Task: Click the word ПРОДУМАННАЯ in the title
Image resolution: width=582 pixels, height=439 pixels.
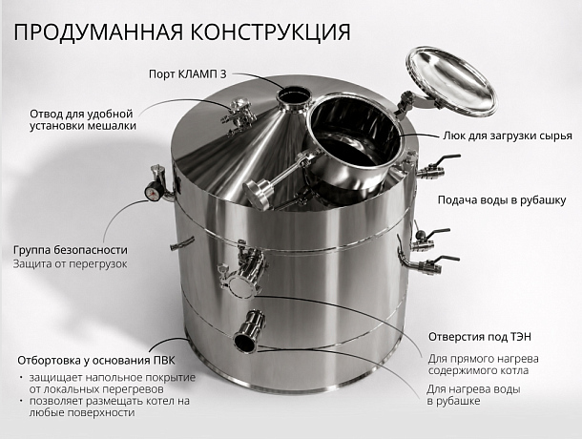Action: pos(99,31)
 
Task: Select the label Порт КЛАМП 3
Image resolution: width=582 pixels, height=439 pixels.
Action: pos(187,73)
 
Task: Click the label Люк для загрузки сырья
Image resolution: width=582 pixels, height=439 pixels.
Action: pos(507,136)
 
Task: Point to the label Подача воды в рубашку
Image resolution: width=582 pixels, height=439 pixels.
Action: pos(502,199)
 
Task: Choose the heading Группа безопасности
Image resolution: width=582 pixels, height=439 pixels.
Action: pos(71,250)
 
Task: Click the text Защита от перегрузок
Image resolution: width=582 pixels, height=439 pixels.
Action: pos(71,263)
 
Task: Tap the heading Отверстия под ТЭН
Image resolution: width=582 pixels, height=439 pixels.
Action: pos(480,337)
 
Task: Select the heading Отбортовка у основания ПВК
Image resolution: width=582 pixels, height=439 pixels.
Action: pos(96,360)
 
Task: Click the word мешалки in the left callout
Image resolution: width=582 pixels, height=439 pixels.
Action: pos(112,126)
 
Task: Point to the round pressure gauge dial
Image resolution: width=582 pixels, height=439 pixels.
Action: pos(154,191)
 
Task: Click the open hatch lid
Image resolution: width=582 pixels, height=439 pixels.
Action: pos(451,81)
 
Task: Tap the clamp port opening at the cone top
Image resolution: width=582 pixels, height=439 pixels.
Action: pos(294,97)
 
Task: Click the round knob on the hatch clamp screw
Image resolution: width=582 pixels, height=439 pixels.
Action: pos(258,193)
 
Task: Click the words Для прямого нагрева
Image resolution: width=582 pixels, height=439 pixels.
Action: pos(484,359)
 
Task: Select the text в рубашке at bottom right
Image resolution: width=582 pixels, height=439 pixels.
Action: pos(453,401)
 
